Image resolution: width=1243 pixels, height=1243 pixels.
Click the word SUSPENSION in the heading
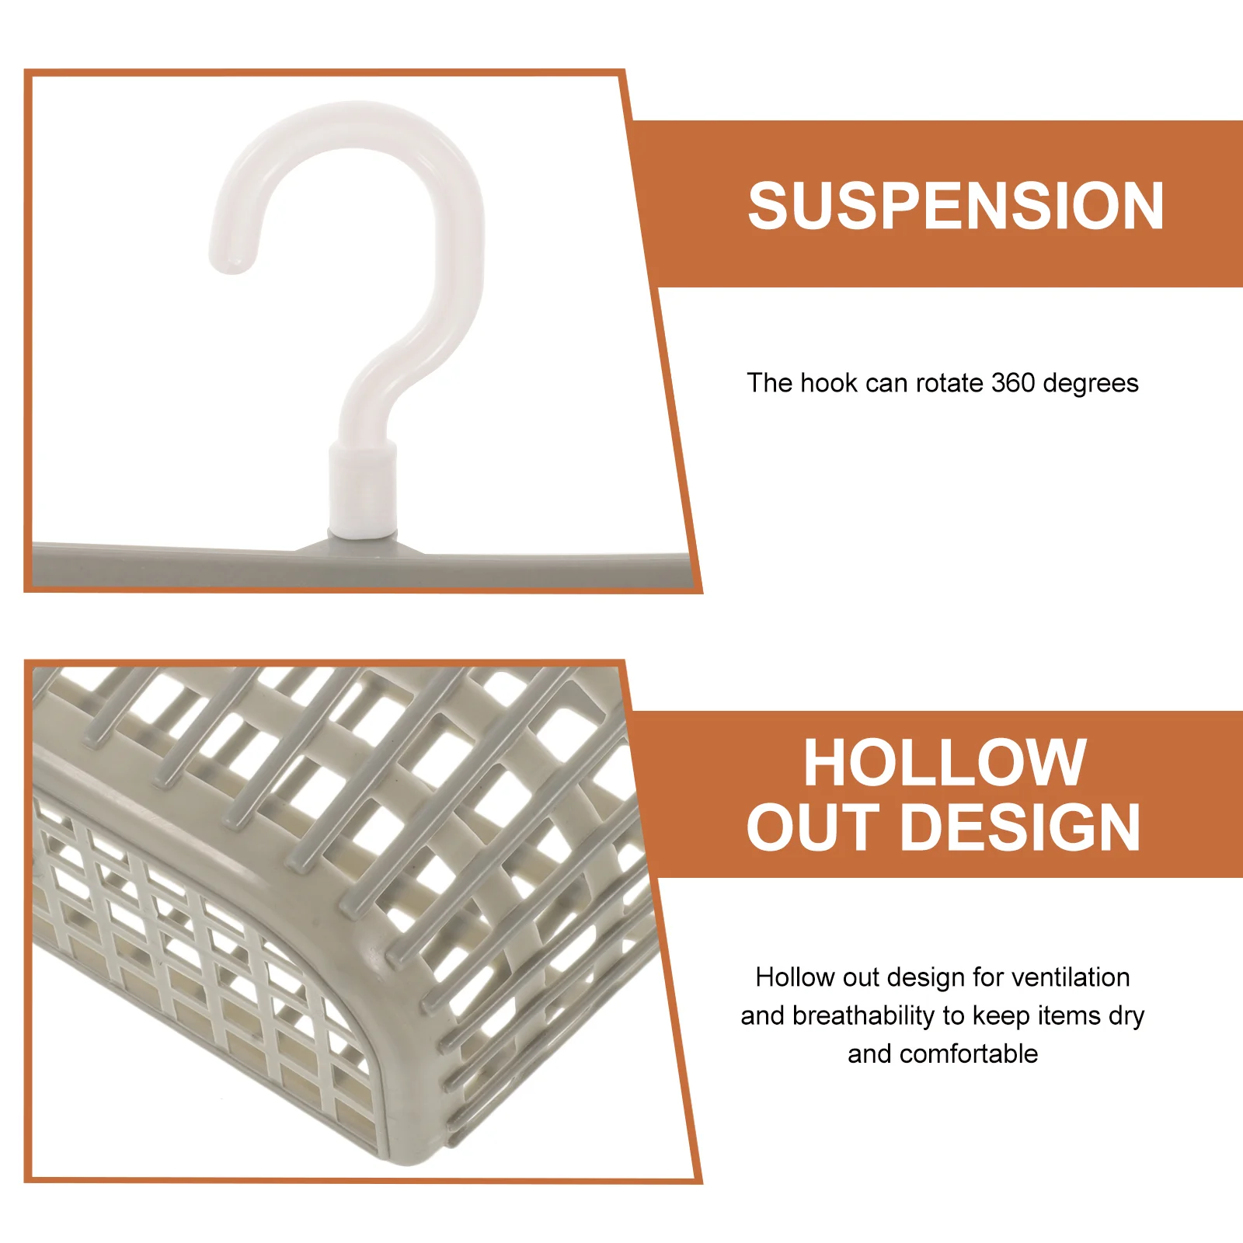click(x=956, y=206)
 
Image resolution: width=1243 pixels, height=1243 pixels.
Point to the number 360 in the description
click(x=1013, y=383)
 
